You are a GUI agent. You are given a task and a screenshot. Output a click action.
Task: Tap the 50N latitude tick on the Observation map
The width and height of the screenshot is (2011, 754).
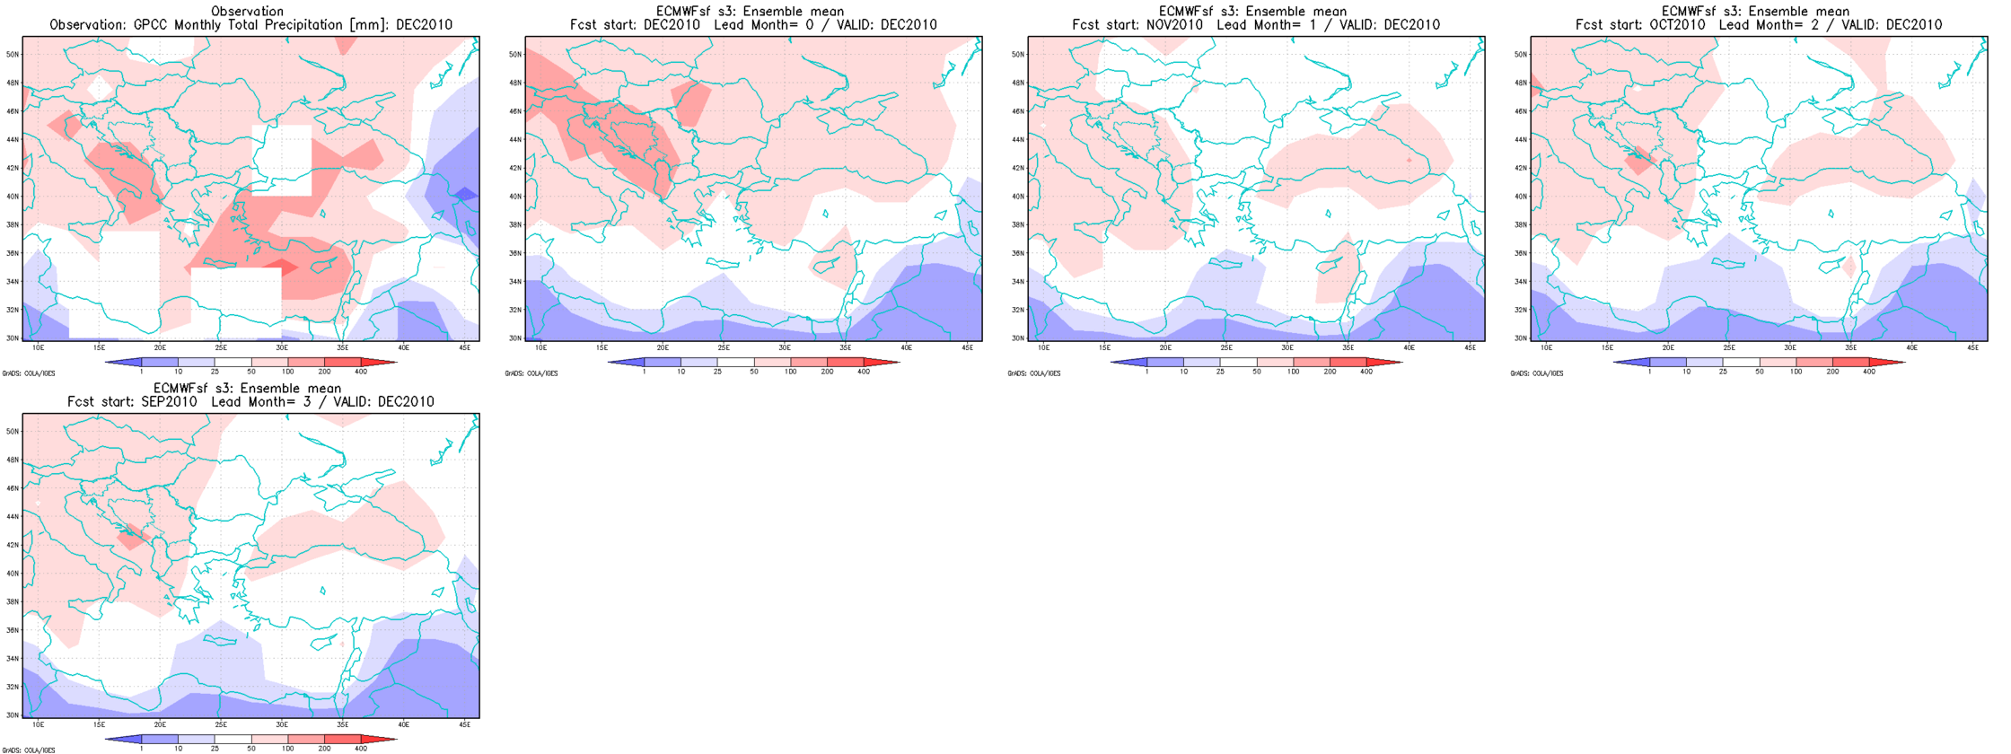tap(12, 54)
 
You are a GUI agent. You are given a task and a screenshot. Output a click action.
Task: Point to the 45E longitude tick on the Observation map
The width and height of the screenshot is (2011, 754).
tap(464, 347)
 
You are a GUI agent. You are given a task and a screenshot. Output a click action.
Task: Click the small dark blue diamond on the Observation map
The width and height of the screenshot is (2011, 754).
tap(465, 193)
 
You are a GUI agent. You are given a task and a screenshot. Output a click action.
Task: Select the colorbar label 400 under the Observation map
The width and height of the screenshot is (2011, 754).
tap(361, 372)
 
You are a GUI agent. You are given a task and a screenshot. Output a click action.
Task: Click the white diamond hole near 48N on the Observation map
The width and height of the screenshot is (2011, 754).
tap(101, 87)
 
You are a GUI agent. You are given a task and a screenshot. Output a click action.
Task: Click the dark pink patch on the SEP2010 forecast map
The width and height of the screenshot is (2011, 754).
tap(132, 536)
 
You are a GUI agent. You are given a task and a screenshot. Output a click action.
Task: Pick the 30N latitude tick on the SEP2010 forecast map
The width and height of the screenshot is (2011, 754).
tap(12, 715)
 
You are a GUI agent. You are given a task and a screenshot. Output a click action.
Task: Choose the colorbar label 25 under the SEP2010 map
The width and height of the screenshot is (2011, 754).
tap(215, 749)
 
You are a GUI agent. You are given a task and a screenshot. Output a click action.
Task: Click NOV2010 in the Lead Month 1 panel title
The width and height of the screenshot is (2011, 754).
tap(1174, 25)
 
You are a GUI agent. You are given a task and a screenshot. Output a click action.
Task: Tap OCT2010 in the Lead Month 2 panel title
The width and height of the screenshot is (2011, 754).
tap(1677, 25)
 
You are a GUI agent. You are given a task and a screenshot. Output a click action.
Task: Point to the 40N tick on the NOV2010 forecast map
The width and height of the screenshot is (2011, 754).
tap(1017, 197)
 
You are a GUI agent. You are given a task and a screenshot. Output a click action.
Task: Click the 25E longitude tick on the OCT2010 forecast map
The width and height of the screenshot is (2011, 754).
tap(1728, 347)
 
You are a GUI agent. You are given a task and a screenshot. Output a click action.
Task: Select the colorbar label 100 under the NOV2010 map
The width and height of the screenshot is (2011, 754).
tap(1293, 372)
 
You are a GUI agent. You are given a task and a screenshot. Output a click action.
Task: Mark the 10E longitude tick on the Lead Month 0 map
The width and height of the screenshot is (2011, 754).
tap(540, 347)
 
